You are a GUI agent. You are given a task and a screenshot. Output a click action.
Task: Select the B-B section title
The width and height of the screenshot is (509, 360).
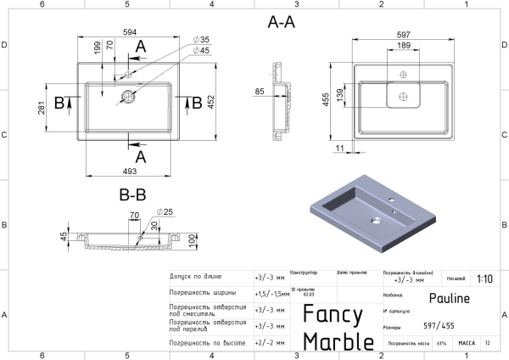(133, 194)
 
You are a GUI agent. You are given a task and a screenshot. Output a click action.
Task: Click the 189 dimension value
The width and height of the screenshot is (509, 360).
(406, 45)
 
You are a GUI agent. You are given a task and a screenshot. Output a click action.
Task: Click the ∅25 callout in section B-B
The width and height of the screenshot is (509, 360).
(165, 211)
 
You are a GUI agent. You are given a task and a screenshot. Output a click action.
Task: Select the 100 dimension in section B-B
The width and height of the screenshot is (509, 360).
(193, 243)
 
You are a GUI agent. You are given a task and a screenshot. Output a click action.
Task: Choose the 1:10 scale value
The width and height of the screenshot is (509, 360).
(484, 278)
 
